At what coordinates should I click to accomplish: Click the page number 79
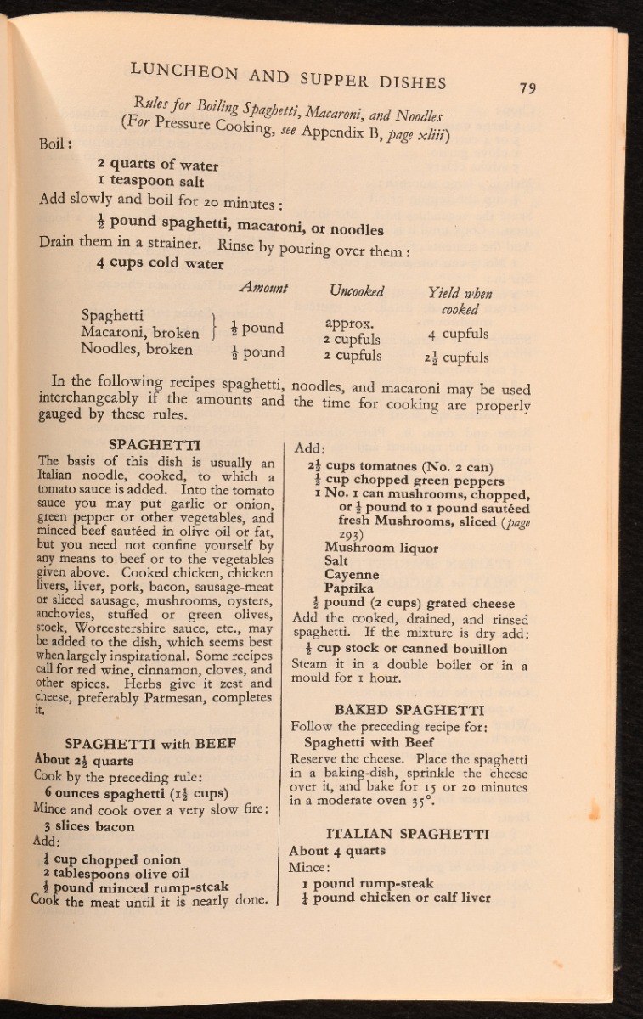[x=527, y=88]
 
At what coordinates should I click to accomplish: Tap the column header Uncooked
[x=357, y=292]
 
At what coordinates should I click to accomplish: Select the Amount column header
[x=264, y=289]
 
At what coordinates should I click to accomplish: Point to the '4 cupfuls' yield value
[x=459, y=334]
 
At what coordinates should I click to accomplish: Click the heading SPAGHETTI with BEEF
[x=138, y=741]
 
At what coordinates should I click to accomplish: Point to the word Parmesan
[x=187, y=699]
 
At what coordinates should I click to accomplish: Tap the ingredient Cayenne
[x=353, y=575]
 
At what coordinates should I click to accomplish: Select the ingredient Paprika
[x=349, y=588]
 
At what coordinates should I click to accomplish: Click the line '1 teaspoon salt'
[x=150, y=182]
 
